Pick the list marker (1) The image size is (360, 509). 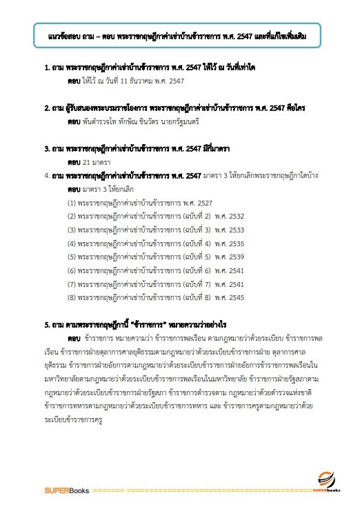pyautogui.click(x=71, y=203)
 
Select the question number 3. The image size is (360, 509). pyautogui.click(x=46, y=148)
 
